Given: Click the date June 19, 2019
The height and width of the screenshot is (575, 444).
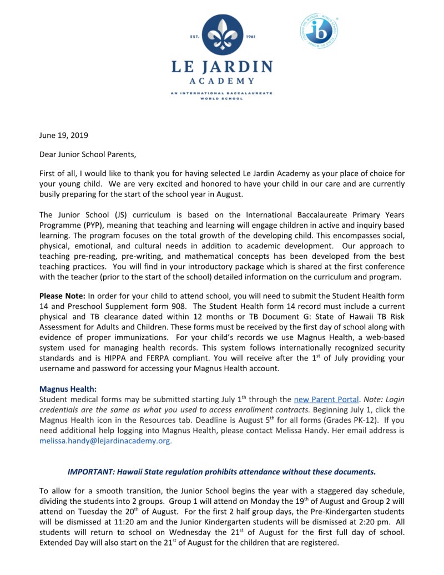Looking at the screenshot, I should point(63,135).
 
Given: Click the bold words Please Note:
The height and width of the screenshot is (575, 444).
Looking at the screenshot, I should point(62,296).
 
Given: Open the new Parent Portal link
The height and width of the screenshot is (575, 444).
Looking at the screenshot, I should point(328,399).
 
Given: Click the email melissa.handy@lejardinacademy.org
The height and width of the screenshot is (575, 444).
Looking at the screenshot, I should point(105,440).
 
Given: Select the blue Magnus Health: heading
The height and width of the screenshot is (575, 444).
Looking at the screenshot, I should point(68,389).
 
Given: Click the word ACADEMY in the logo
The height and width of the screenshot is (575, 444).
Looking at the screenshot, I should point(222,81).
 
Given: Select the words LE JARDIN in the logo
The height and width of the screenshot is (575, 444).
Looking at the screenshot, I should point(222,67).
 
